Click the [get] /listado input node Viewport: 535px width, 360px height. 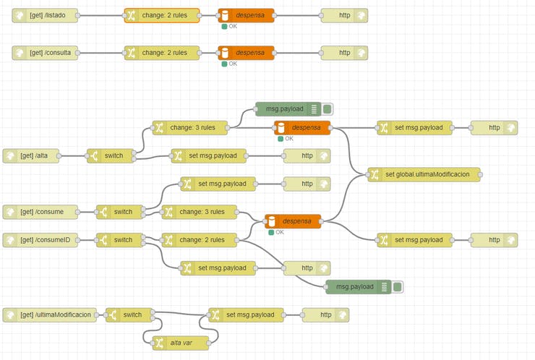coord(45,15)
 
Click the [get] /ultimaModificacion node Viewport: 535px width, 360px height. coord(50,314)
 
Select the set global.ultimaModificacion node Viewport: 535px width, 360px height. coord(424,174)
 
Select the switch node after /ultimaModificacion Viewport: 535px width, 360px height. coord(129,314)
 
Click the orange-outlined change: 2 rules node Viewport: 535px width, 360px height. coord(162,15)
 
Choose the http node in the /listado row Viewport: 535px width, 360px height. coord(344,15)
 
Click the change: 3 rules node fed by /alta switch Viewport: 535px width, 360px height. coord(190,128)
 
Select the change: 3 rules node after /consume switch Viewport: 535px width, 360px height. coord(199,212)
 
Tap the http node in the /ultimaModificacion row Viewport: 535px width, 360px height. coord(325,314)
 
